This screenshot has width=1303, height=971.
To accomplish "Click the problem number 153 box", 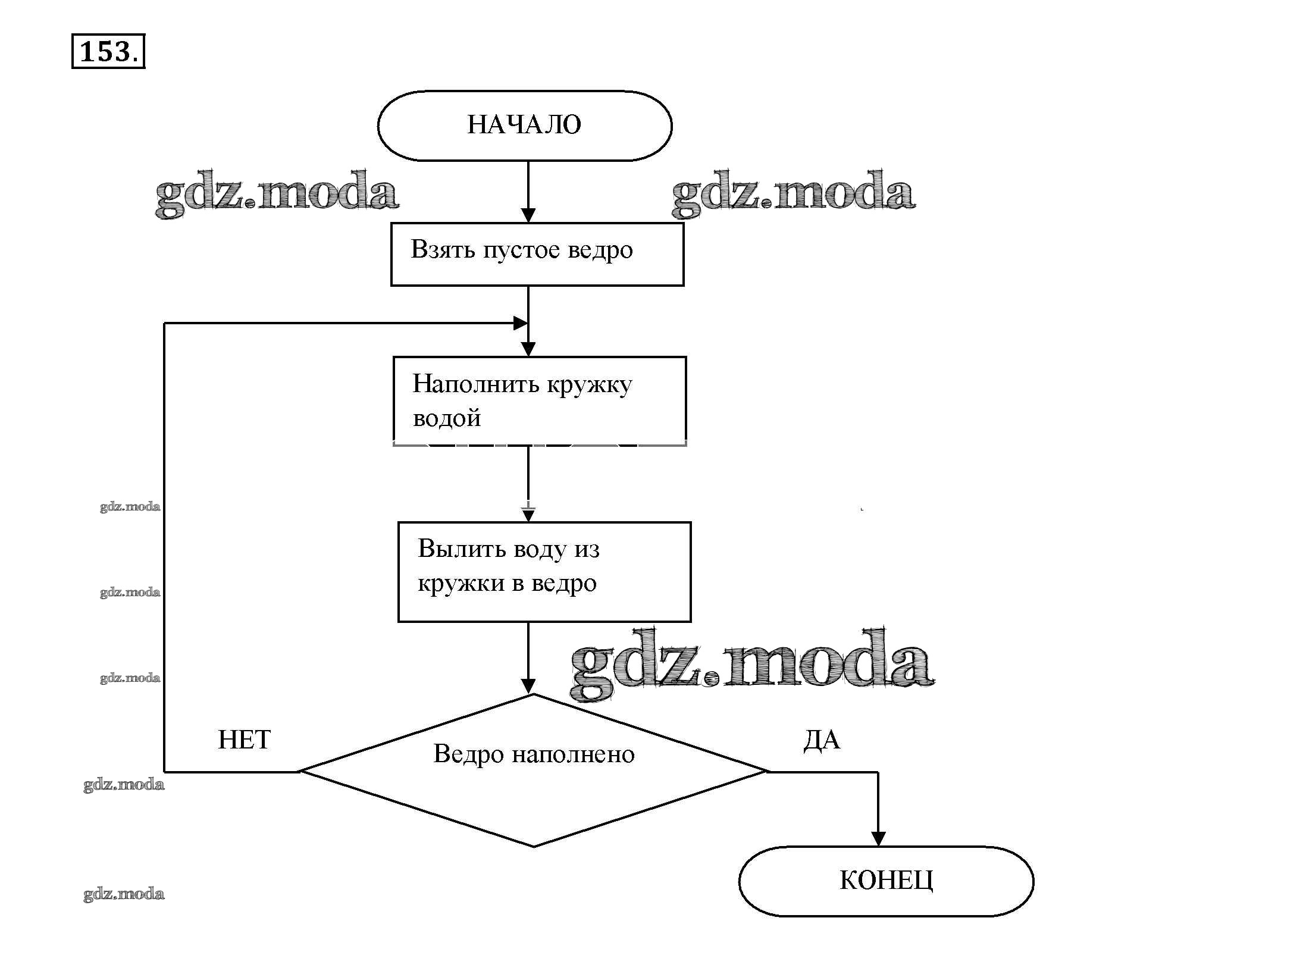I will pos(108,52).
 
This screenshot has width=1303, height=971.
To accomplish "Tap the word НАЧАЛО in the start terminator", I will pos(524,125).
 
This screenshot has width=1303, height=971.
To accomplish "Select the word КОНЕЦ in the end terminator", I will pos(886,880).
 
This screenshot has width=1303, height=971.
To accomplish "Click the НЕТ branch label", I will pos(244,740).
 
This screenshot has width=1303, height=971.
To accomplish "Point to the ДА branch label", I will pos(822,740).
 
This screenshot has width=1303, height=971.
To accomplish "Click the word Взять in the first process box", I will pos(443,249).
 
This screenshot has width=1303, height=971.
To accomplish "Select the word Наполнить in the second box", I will pos(475,384).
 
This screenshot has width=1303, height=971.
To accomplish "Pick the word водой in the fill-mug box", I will pos(446,418).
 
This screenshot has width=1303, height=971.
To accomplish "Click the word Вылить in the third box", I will pos(459,549).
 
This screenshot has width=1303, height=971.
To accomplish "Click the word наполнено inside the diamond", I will pos(574,754).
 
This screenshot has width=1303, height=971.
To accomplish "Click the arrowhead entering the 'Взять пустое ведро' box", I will pos(528,215).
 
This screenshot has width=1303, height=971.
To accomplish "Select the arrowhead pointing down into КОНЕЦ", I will pos(878,838).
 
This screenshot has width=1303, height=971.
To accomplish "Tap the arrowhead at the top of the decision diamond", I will pos(528,686).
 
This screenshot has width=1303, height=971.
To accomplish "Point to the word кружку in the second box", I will pos(589,386).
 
